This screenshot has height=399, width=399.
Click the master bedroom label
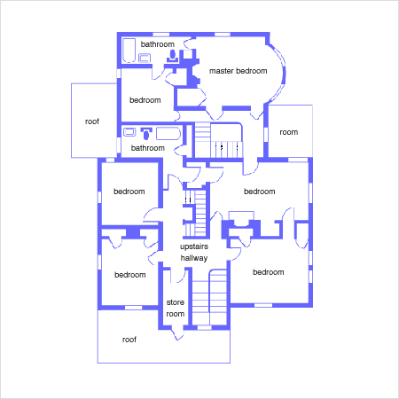click(239, 71)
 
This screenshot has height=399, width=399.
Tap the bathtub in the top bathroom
click(129, 51)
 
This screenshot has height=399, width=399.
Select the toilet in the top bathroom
click(173, 56)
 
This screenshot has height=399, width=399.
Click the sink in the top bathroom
click(145, 58)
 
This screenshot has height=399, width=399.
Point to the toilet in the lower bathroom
click(146, 133)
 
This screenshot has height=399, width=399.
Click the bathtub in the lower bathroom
click(168, 133)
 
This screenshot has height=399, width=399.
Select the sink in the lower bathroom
click(129, 132)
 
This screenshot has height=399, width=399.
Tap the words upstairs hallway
click(194, 252)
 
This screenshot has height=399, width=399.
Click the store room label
click(176, 308)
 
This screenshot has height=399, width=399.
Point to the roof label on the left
click(92, 121)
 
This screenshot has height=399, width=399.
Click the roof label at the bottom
click(129, 340)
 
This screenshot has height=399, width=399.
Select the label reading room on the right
click(289, 132)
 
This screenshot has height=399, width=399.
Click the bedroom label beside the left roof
click(145, 100)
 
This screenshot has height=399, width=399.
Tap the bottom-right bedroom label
click(269, 272)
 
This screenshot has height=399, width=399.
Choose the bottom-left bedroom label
click(130, 275)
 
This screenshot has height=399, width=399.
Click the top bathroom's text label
click(158, 44)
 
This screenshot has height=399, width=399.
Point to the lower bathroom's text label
click(148, 148)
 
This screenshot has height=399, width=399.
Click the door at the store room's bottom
click(177, 333)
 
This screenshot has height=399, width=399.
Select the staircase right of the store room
click(209, 297)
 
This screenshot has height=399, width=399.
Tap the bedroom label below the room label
click(260, 192)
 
